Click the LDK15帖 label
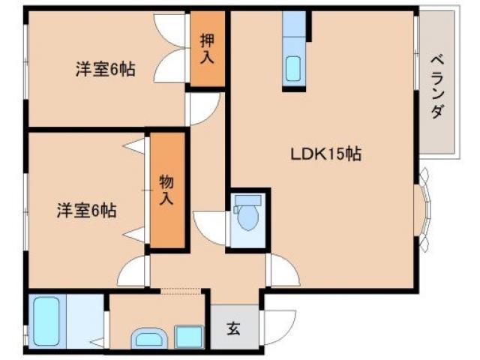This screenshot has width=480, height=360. tap(326, 154)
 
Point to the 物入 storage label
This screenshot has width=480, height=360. tap(166, 189)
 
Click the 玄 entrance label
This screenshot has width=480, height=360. tap(233, 328)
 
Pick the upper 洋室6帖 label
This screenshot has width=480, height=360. tap(105, 70)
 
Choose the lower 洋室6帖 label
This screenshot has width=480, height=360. tap(86, 211)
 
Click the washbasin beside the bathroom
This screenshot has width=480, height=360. tap(150, 338)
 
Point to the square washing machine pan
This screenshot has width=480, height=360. tap(189, 336)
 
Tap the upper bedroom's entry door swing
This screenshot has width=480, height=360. tap(201, 109)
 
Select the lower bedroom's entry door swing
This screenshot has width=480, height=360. tap(133, 271)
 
